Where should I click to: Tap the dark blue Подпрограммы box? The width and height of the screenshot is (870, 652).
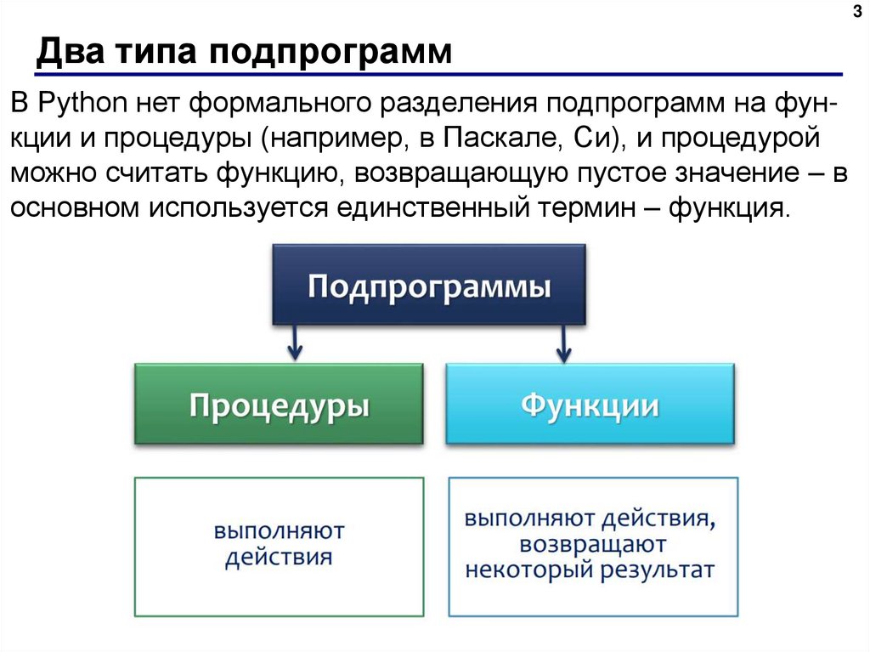429,285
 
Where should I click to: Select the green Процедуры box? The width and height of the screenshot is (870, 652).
279,404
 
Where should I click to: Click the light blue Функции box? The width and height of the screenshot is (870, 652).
590,404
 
